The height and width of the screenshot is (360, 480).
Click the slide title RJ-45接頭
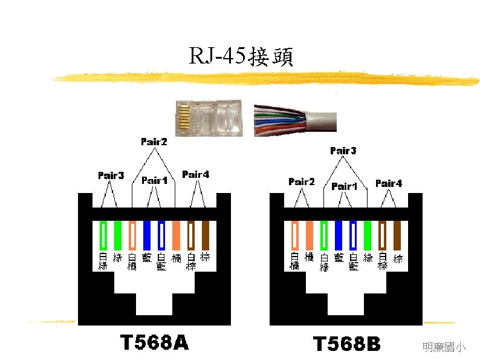[x=241, y=57]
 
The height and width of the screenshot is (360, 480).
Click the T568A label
[x=154, y=343]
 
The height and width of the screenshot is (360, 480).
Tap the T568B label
[x=346, y=344]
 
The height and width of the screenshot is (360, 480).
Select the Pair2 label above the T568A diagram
[x=154, y=142]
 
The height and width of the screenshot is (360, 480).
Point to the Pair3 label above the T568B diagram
[x=343, y=150]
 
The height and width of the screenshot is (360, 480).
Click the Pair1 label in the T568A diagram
[x=154, y=180]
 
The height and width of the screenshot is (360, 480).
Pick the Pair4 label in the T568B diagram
[x=388, y=183]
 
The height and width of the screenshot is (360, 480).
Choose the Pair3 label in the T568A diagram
[x=111, y=175]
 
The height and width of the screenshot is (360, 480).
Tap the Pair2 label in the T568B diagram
[x=302, y=181]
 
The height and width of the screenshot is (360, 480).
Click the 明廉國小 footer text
[x=444, y=347]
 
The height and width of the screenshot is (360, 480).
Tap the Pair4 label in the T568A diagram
[x=195, y=174]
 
